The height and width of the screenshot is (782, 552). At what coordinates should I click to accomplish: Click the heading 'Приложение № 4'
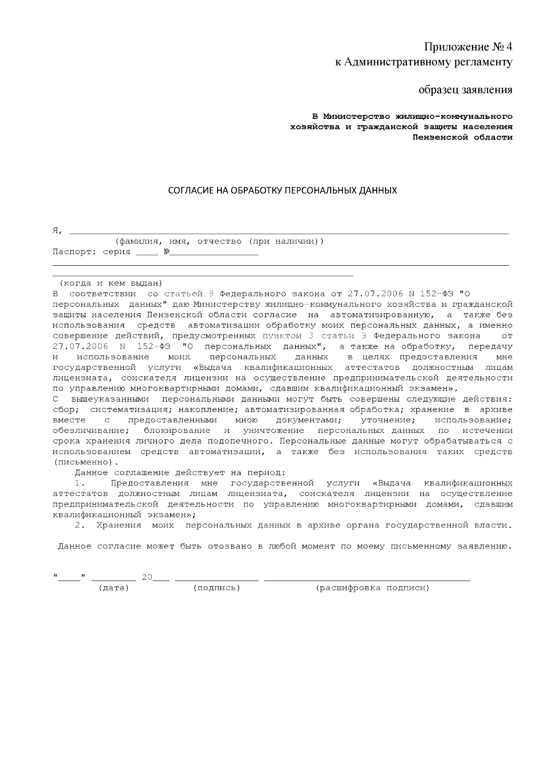coord(468,47)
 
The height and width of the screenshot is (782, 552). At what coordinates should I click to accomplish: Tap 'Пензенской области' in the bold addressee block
coord(462,137)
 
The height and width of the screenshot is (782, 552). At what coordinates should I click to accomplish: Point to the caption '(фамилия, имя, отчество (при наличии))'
coord(219,241)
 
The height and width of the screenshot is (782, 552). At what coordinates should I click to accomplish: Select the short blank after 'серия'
coord(147,253)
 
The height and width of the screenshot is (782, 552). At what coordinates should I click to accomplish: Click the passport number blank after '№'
coord(214,253)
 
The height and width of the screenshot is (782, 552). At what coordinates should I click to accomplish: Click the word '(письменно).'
coord(86,462)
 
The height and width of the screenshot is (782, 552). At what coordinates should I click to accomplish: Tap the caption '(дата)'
coord(114,588)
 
